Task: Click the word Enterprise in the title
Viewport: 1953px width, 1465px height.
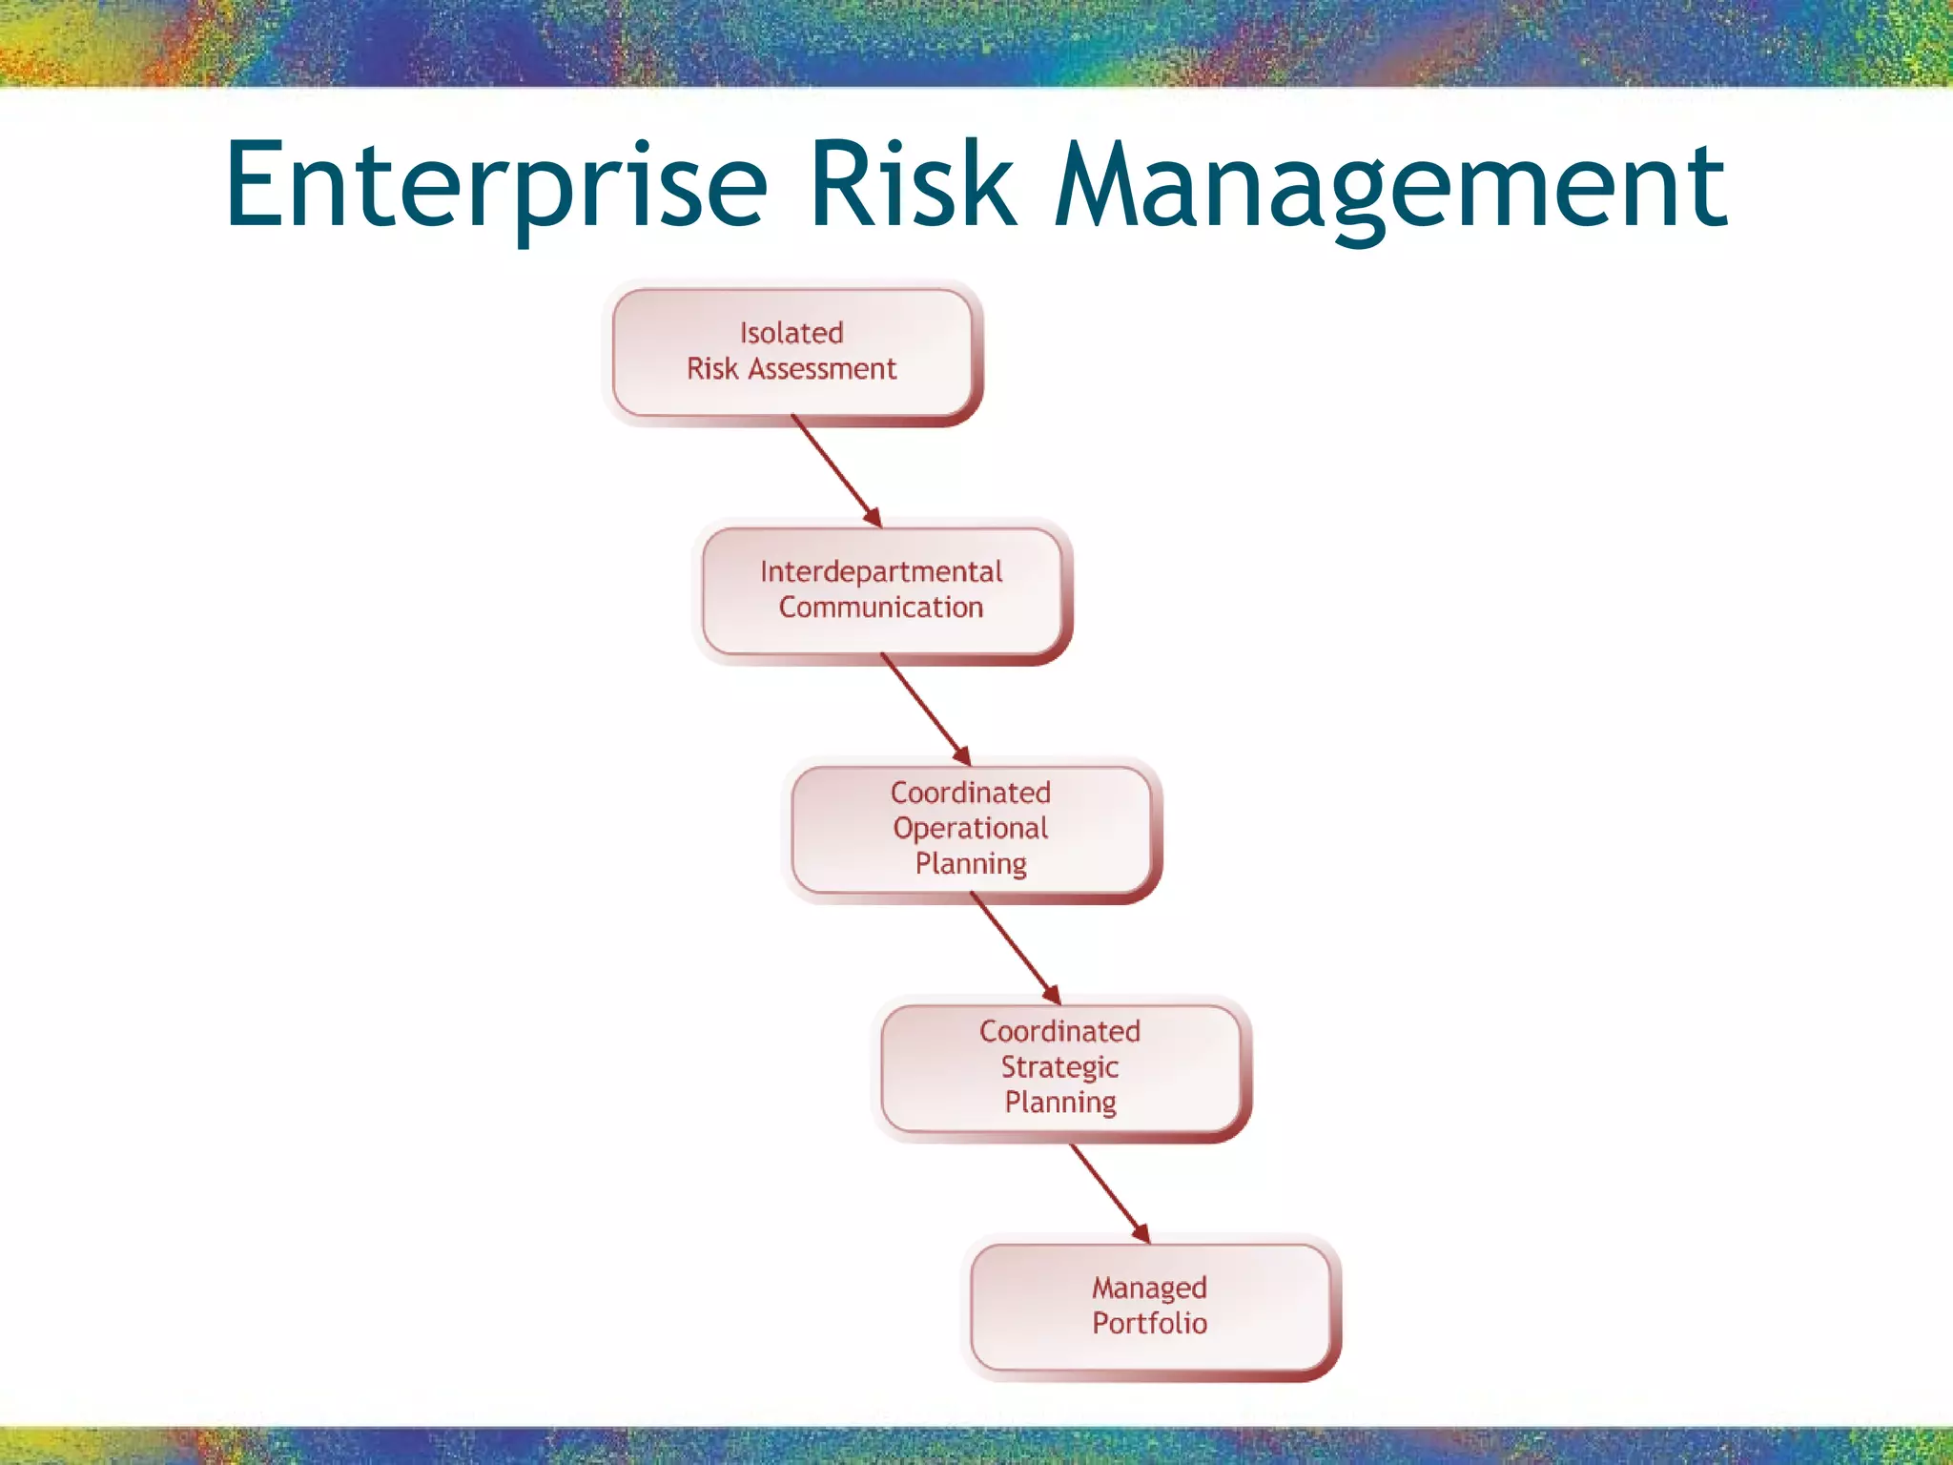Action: (496, 186)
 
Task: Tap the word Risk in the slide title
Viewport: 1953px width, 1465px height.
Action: (913, 186)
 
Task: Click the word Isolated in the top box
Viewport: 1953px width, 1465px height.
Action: (791, 333)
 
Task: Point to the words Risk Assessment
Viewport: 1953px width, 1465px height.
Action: (791, 369)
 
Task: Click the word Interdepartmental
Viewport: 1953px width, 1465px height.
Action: (881, 571)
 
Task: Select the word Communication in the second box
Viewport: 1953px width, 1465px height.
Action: (881, 608)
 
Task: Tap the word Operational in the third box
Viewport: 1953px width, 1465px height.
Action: (970, 828)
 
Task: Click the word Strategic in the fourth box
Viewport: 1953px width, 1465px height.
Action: (1059, 1066)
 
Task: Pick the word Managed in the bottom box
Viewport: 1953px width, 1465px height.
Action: (1149, 1288)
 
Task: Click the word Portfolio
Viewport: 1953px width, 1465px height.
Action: (1149, 1323)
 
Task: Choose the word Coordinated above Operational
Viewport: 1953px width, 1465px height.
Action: (970, 793)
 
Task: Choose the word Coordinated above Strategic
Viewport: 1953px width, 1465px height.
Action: (1059, 1031)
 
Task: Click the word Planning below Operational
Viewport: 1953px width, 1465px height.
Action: (970, 863)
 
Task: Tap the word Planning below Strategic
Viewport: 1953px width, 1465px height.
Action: (1059, 1102)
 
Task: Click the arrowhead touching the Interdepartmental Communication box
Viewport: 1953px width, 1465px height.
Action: (873, 518)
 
